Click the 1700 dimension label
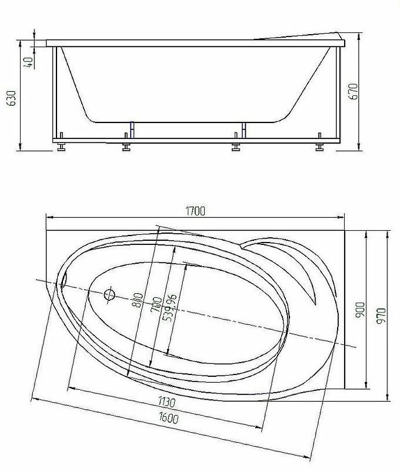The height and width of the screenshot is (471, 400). pos(195,211)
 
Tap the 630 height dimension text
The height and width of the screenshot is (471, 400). pos(12,98)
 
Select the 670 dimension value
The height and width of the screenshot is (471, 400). pos(354,92)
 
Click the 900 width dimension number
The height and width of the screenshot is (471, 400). pos(360,310)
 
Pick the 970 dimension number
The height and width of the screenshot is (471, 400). pos(381,316)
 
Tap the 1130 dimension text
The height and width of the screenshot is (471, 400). pos(167,402)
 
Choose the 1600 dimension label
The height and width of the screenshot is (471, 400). pos(169,418)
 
